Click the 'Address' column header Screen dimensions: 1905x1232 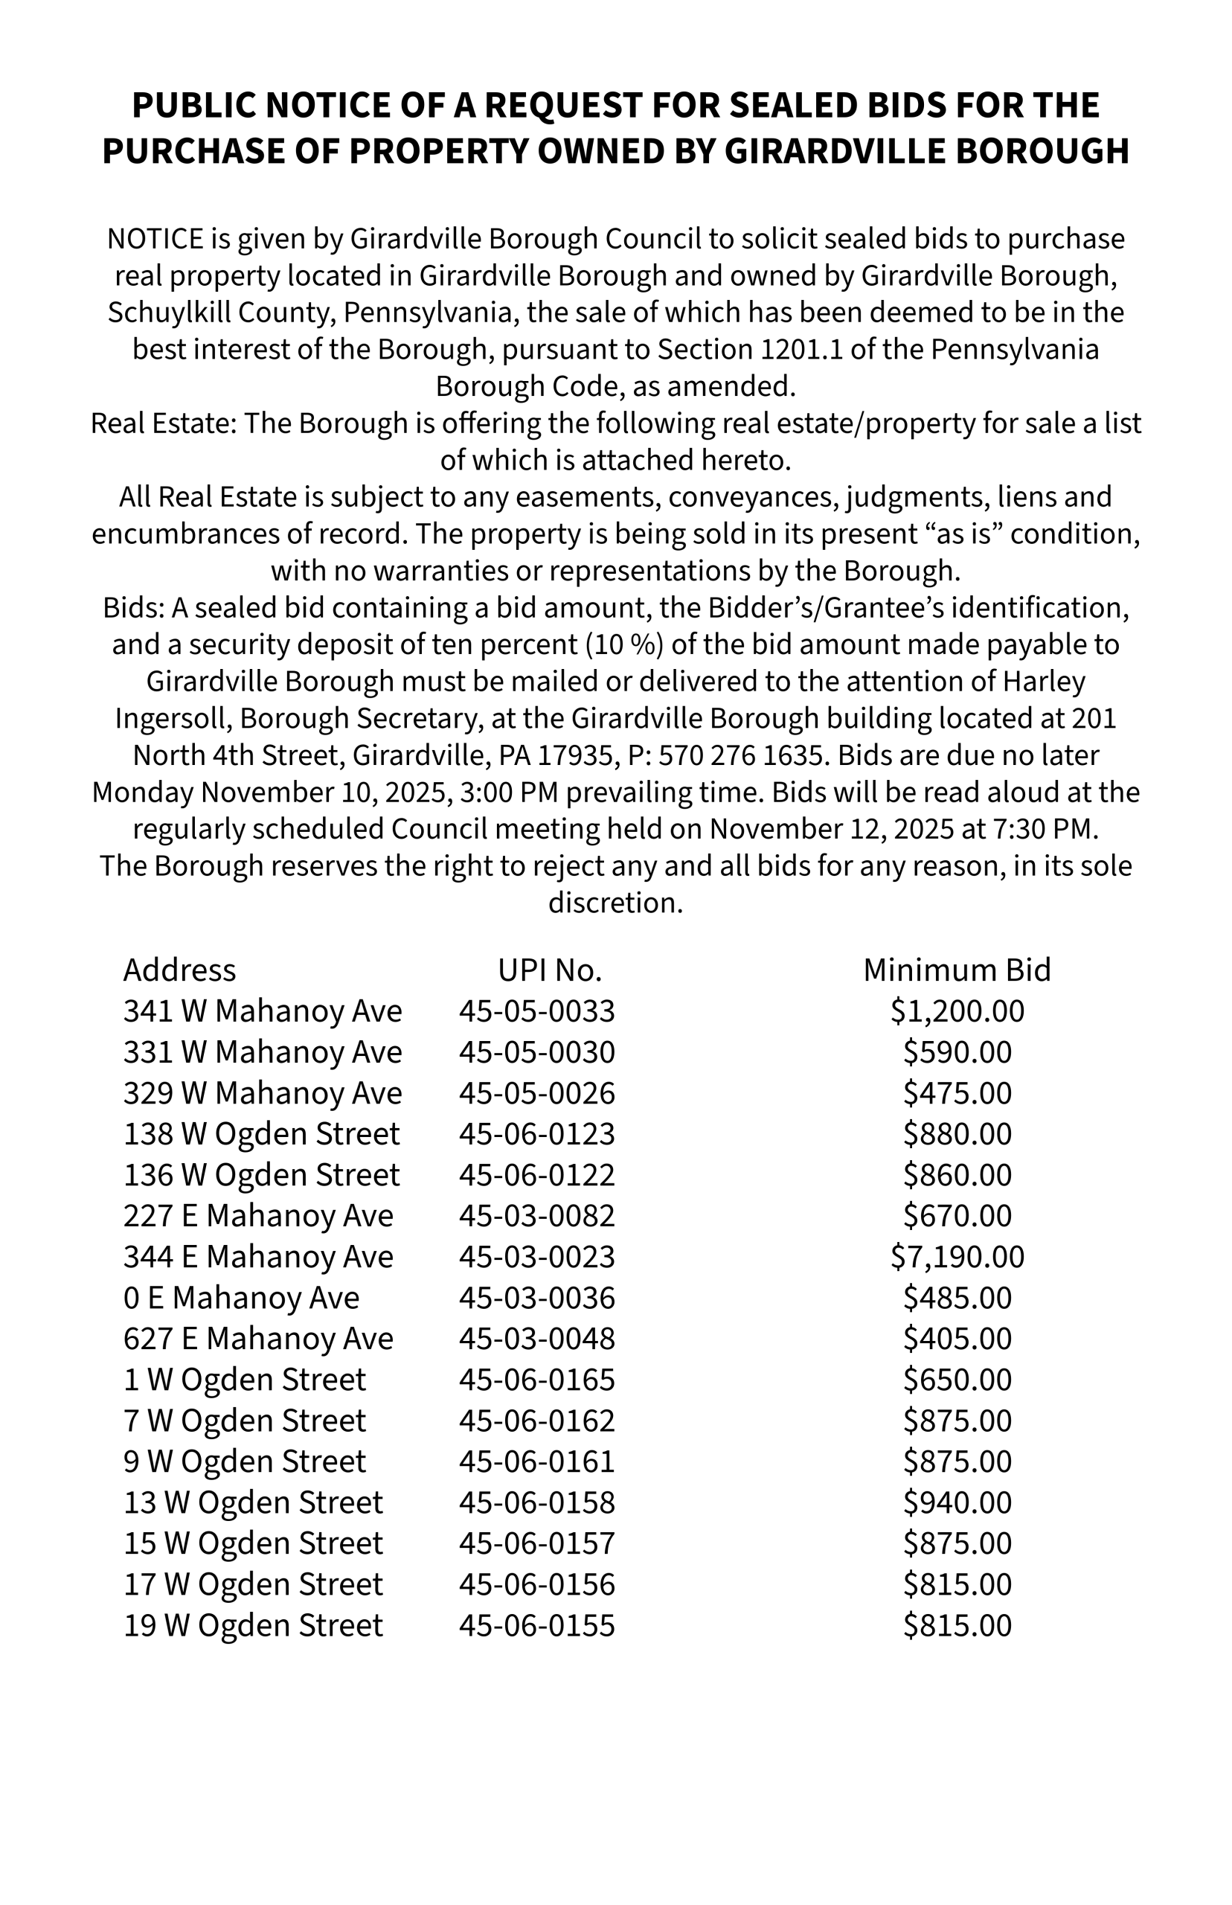click(x=179, y=970)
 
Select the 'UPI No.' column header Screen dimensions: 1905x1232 click(x=550, y=970)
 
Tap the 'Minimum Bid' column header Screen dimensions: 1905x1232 click(x=957, y=970)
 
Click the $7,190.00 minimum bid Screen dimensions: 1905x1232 click(x=957, y=1257)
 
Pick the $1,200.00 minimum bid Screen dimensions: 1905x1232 click(x=957, y=1011)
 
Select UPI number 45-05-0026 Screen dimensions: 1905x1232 click(x=537, y=1093)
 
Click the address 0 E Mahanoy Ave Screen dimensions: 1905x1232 click(x=241, y=1298)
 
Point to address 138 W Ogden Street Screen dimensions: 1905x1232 click(x=261, y=1134)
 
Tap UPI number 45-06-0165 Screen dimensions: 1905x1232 click(x=537, y=1380)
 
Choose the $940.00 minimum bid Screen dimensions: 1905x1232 click(x=957, y=1502)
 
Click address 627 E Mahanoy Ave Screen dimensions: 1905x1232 click(x=257, y=1339)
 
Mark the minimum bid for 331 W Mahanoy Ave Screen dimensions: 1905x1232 click(x=957, y=1052)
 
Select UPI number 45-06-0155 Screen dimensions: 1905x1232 click(x=537, y=1625)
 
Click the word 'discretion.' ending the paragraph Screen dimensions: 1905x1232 click(x=615, y=903)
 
